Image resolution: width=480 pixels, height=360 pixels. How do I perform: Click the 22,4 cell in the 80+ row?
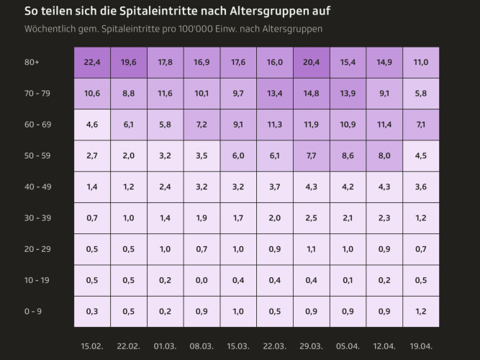point(92,63)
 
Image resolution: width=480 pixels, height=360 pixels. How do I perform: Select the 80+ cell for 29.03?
point(312,63)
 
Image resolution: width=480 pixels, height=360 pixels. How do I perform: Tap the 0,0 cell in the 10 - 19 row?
point(202,280)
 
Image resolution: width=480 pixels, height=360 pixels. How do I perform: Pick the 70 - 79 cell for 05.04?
point(348,94)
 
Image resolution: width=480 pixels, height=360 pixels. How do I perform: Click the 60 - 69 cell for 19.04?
point(421,125)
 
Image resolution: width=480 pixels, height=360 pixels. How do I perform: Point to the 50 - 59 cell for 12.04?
point(384,156)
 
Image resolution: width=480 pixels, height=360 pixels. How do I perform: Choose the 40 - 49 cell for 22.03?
point(275,187)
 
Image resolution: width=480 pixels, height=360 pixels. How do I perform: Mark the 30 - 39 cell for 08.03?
point(202,218)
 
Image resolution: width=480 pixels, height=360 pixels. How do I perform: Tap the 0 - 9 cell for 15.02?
point(92,311)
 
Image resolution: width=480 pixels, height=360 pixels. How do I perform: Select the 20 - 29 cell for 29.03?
point(312,249)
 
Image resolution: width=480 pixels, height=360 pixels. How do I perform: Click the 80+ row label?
point(32,63)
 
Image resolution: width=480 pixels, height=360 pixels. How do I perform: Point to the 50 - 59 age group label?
point(37,156)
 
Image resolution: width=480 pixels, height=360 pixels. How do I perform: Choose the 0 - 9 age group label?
point(33,311)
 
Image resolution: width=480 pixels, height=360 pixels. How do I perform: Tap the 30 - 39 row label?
point(37,218)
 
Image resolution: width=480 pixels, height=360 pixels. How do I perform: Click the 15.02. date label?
point(92,346)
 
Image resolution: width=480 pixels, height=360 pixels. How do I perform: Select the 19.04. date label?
point(421,346)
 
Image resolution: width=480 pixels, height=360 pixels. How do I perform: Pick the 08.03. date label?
point(202,346)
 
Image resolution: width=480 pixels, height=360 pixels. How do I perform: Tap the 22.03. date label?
point(275,346)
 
